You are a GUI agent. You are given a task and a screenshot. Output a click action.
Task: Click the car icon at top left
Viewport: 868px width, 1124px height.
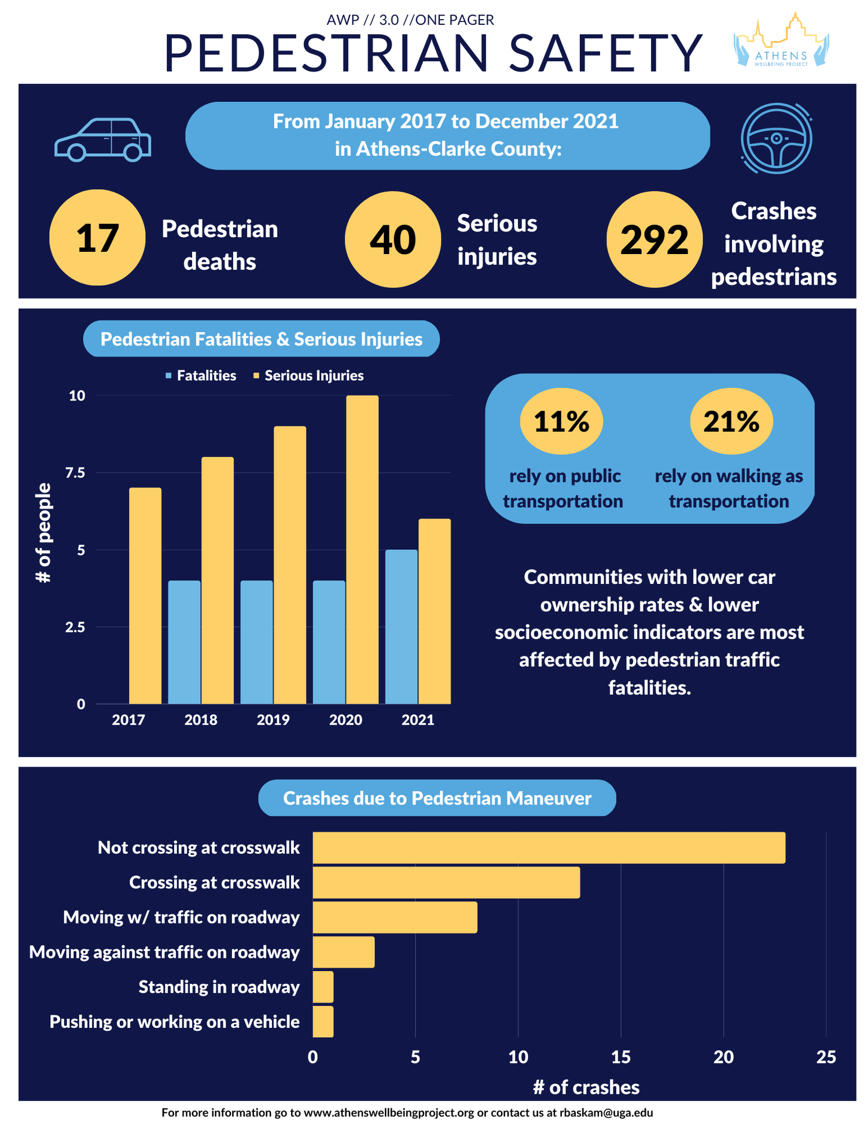[x=102, y=139]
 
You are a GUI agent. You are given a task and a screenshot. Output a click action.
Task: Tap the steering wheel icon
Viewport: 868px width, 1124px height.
[x=776, y=138]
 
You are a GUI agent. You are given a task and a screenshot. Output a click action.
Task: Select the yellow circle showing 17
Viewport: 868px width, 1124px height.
[x=97, y=238]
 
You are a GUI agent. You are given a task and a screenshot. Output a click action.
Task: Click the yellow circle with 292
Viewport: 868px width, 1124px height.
[x=654, y=239]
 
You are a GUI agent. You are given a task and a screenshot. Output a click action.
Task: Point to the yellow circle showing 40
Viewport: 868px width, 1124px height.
[x=392, y=239]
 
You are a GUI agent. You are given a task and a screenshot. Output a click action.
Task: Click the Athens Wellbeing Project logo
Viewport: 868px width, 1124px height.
[x=781, y=41]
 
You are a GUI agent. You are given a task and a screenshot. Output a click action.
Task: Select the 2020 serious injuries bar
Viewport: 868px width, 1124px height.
[x=362, y=549]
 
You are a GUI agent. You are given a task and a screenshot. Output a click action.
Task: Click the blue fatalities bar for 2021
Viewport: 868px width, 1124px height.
[x=401, y=626]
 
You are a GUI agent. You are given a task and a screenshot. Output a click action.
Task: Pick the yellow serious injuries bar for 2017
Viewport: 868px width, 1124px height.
[x=145, y=596]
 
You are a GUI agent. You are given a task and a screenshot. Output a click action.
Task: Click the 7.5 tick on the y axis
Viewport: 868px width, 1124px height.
[x=75, y=473]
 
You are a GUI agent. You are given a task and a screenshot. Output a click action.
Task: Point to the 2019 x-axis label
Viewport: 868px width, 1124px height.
[x=273, y=720]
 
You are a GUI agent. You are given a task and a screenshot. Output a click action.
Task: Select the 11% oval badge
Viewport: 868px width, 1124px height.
[x=561, y=421]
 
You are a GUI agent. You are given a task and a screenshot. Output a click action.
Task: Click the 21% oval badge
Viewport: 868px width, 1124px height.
[x=731, y=421]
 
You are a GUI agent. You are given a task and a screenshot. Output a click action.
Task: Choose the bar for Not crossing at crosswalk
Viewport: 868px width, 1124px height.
[x=549, y=848]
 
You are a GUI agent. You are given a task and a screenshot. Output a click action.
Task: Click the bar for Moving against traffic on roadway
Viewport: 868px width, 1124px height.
[x=343, y=952]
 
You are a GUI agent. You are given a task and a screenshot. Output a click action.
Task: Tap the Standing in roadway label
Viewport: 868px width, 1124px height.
[x=219, y=987]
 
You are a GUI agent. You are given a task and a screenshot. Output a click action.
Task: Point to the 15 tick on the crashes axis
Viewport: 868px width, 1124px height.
[x=620, y=1057]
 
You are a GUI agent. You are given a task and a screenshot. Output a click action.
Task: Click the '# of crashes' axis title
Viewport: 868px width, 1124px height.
[x=586, y=1087]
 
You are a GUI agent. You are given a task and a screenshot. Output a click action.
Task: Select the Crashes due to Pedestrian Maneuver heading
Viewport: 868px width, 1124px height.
[x=437, y=798]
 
